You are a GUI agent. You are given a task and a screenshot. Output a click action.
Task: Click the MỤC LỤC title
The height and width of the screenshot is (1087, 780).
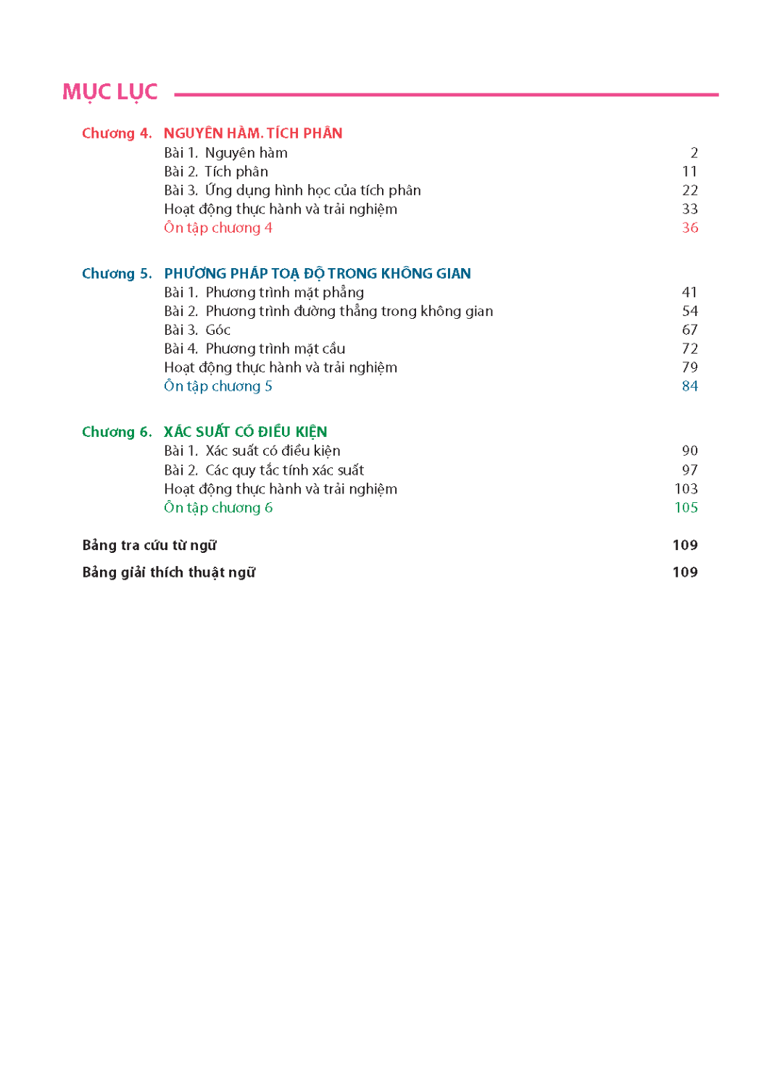point(110,93)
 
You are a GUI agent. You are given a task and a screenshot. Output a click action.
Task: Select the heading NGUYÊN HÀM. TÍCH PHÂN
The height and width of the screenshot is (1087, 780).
point(253,133)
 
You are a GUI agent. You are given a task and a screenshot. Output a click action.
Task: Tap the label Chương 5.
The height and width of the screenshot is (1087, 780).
point(117,274)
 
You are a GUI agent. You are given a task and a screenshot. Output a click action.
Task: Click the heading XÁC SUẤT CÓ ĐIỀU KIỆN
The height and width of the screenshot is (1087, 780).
point(245,432)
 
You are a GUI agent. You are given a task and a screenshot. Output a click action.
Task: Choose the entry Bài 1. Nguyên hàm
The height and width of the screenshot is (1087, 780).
point(225,153)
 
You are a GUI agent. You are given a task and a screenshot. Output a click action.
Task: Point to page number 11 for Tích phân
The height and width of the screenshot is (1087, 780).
point(689,172)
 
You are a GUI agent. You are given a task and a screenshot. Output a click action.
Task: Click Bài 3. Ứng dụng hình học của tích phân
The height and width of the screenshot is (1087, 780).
point(292,191)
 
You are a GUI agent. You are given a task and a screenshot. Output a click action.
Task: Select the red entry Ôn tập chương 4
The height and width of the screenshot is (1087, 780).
point(218,228)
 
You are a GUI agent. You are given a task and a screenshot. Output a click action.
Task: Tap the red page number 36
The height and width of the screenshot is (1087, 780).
point(689,228)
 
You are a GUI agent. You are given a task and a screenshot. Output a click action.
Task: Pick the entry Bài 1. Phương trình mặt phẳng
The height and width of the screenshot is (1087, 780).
point(264,293)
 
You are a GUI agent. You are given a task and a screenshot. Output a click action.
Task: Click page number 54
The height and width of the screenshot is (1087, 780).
point(689,312)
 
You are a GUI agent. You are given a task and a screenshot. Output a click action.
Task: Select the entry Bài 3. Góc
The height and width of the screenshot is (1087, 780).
point(197,330)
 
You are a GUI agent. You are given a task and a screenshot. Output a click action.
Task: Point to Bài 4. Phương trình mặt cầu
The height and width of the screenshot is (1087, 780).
point(254,349)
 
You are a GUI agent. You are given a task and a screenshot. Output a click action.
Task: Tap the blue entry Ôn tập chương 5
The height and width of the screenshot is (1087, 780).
point(218,386)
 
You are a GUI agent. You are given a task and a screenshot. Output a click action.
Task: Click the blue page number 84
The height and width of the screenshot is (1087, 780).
point(689,386)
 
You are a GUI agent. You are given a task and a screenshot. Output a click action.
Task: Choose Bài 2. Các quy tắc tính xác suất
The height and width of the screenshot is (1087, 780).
point(264,470)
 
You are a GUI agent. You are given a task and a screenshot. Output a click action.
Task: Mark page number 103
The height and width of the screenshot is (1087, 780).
point(686,489)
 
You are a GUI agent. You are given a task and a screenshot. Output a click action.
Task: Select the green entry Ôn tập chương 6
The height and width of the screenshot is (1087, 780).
point(218,508)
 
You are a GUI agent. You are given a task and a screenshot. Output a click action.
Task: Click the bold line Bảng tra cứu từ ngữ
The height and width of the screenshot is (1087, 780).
point(149,546)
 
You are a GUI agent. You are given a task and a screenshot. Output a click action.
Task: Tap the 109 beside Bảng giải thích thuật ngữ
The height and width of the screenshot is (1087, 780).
point(685,572)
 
